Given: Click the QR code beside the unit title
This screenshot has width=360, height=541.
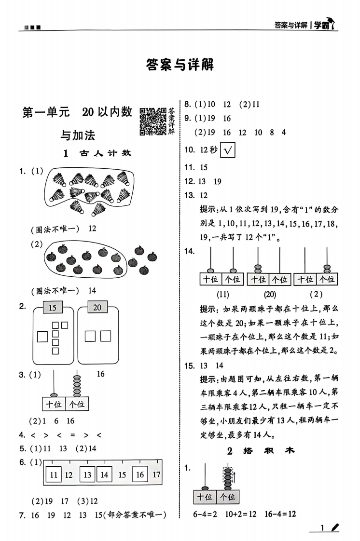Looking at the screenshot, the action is click(153, 121).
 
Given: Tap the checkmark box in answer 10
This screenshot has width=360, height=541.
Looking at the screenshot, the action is click(227, 150).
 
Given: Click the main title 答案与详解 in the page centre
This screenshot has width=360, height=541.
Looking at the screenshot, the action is click(180, 65).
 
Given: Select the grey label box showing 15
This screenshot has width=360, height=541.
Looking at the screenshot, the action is click(53, 307).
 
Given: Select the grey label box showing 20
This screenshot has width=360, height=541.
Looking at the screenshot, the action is click(97, 307).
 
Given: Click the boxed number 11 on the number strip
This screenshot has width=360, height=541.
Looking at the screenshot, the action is click(54, 474).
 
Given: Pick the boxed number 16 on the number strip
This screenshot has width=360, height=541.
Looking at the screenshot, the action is click(140, 474).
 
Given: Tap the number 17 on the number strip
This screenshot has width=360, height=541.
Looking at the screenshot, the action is click(156, 475).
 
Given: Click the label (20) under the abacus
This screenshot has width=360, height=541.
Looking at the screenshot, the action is click(270, 294).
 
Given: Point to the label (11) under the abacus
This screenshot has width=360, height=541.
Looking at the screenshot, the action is click(222, 294).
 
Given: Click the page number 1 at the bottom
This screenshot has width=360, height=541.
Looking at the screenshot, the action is click(322, 528).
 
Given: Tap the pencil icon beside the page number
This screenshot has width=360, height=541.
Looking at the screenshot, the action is click(335, 527).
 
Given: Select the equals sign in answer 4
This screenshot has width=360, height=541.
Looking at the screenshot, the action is click(72, 435).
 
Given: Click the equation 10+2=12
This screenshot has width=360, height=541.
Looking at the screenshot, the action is click(241, 514).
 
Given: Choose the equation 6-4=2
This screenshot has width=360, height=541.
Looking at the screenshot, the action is click(205, 514).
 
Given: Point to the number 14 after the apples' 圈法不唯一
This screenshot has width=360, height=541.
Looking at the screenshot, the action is click(92, 291).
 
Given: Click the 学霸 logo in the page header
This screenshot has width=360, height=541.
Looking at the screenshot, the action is click(324, 24).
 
